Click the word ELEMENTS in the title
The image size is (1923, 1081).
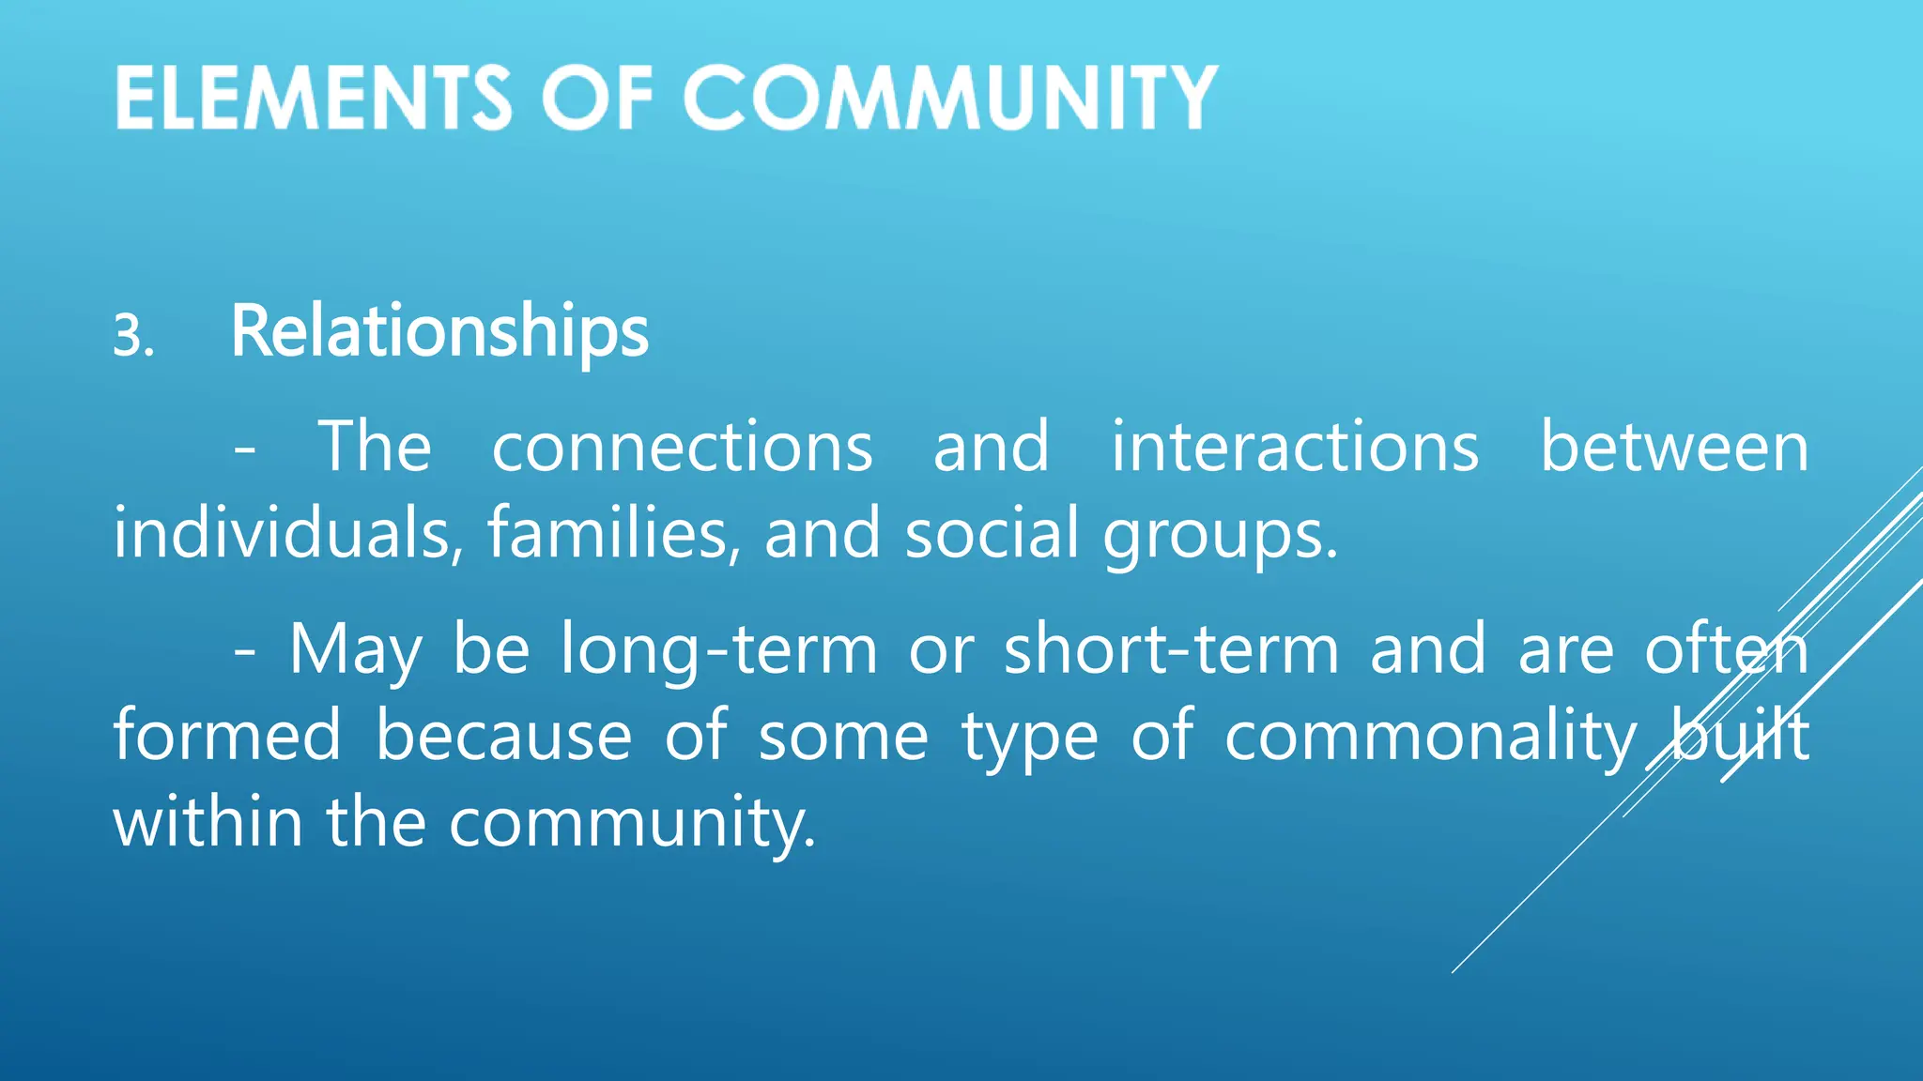[314, 98]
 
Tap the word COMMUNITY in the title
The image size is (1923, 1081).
[949, 98]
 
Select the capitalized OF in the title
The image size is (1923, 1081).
[597, 98]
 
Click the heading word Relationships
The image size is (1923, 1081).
[439, 332]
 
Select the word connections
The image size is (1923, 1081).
[683, 447]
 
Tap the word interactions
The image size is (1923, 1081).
[1295, 447]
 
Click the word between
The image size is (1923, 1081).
[1674, 447]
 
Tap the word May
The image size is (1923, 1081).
[356, 650]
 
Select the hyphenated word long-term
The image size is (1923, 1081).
[718, 650]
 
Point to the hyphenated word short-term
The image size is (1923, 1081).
[1171, 648]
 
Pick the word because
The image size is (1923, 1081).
[504, 735]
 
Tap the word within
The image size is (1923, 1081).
[208, 821]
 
